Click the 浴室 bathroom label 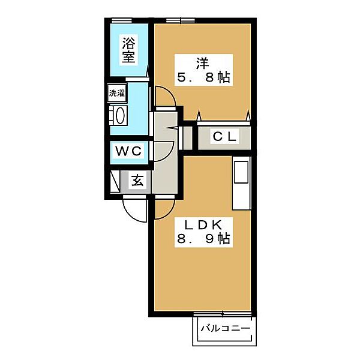click(x=128, y=50)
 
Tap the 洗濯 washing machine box click(x=117, y=93)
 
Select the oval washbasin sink click(x=121, y=115)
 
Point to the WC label click(x=128, y=151)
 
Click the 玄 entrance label click(x=137, y=180)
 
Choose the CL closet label click(x=224, y=137)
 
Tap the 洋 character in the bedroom click(x=202, y=63)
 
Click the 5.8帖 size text click(x=203, y=77)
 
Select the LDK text click(x=203, y=225)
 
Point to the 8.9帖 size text click(x=203, y=239)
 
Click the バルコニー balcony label click(x=226, y=328)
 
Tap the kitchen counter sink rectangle click(x=241, y=172)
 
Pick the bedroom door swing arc click(x=170, y=93)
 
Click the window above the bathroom click(x=122, y=20)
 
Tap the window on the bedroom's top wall click(x=181, y=20)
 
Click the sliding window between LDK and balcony click(x=222, y=313)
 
